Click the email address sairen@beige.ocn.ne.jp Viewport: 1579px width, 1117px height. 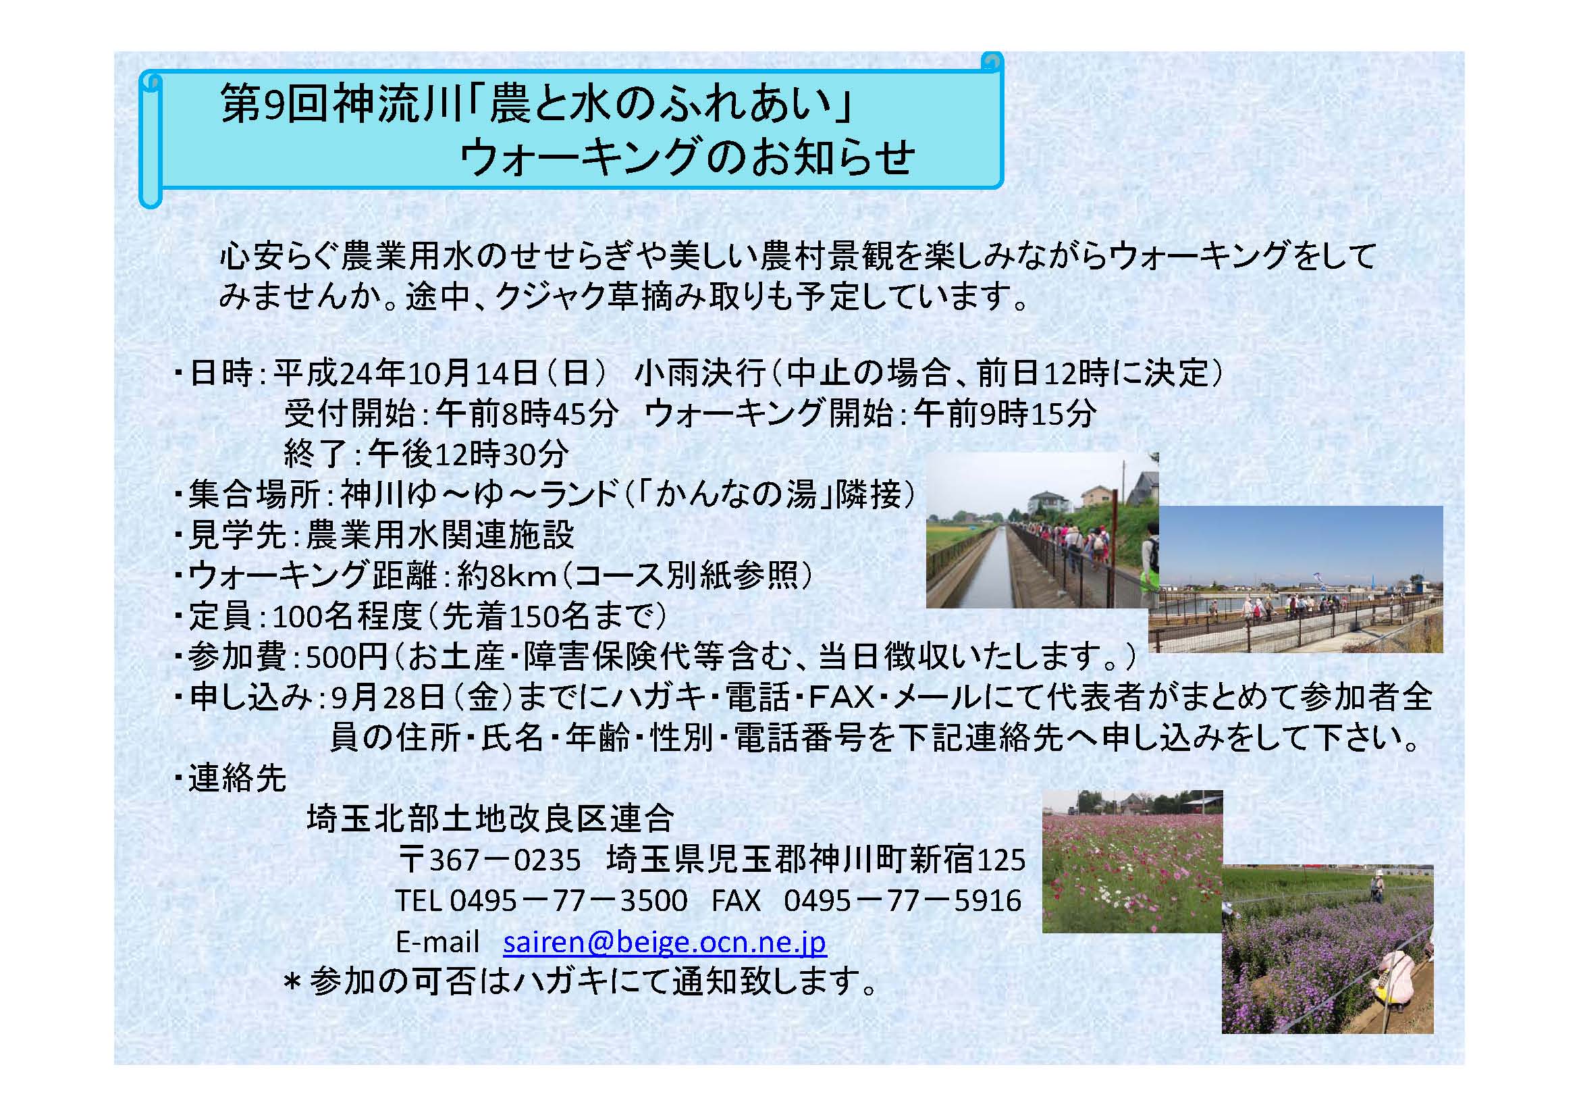[x=664, y=941]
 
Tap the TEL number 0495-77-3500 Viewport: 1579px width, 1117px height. [x=568, y=900]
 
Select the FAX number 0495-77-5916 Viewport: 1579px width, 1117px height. [x=903, y=900]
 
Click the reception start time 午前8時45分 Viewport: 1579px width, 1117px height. [x=527, y=414]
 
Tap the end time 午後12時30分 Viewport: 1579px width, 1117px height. [x=469, y=454]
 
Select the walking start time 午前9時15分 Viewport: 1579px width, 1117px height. [x=1004, y=414]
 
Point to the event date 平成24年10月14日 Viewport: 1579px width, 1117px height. [x=406, y=373]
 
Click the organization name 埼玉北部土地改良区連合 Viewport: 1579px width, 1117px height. [x=490, y=819]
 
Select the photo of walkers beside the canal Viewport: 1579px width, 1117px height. [x=1042, y=530]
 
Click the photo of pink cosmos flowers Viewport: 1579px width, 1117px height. [x=1133, y=861]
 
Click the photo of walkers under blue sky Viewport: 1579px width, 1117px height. [x=1295, y=579]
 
